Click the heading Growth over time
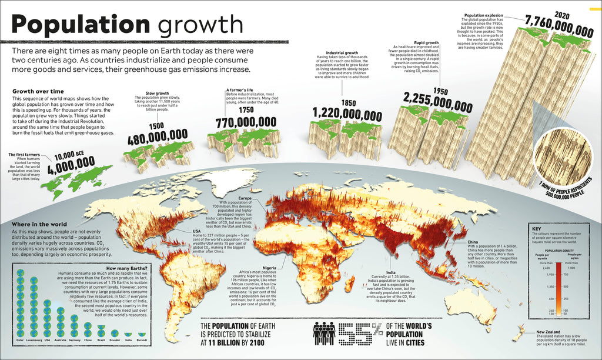[x=38, y=92]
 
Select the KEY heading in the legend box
[x=536, y=229]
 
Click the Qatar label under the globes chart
[x=21, y=340]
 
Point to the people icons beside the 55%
[x=324, y=334]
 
